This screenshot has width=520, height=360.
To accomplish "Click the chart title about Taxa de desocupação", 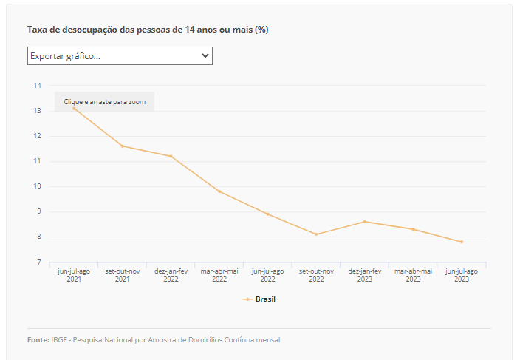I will coord(148,30).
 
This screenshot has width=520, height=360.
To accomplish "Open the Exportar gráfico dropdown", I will coord(120,56).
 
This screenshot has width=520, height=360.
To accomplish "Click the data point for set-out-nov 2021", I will coord(123,146).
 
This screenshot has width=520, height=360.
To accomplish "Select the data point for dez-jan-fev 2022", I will coord(171,156).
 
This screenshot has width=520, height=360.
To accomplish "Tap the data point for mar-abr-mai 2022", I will coord(219,191).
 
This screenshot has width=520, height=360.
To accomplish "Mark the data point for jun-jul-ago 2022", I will coord(267,214).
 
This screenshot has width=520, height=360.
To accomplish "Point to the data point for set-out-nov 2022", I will coord(316,234).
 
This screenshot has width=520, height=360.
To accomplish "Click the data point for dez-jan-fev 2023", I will coord(365,222).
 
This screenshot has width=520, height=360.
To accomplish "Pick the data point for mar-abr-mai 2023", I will coord(413,229).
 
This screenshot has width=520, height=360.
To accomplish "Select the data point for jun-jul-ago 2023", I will coord(462,242).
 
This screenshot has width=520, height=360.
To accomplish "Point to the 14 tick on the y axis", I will coord(37,86).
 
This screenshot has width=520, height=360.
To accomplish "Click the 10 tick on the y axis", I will coord(37,186).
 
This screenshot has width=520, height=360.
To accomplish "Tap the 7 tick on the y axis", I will coord(38,262).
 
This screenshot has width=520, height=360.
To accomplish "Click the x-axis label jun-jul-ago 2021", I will coord(74,275).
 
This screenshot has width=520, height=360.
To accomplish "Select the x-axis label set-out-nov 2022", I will coord(316,275).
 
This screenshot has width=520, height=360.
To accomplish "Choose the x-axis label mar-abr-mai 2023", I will coord(413,275).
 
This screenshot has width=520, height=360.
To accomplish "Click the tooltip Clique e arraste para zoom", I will coord(104,101).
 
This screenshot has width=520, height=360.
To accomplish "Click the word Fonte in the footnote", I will coord(38,339).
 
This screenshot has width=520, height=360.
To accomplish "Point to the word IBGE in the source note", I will coord(59,339).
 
